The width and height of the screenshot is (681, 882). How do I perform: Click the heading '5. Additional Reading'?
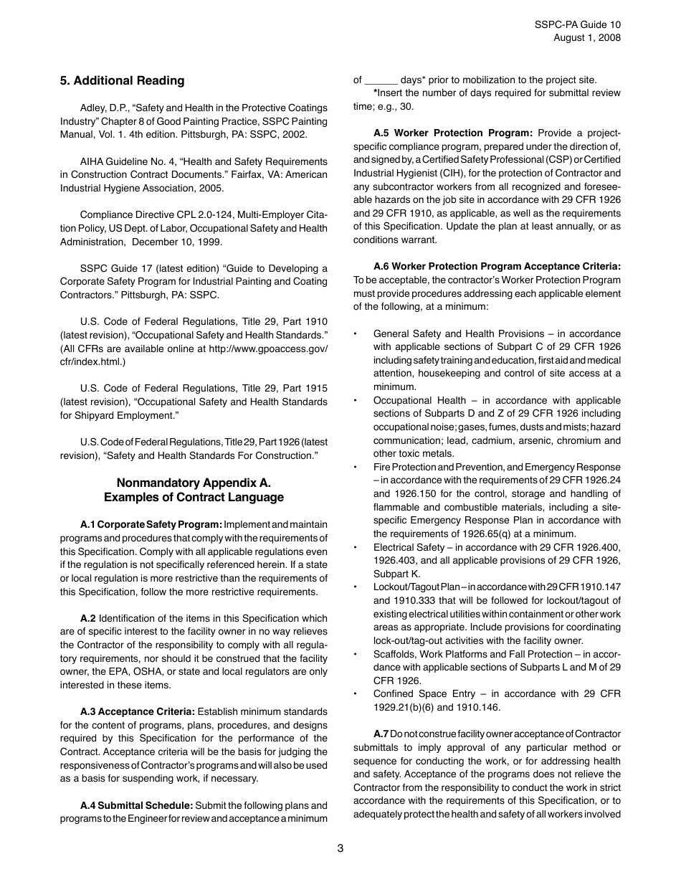(x=122, y=81)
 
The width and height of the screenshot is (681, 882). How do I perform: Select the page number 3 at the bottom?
(x=340, y=849)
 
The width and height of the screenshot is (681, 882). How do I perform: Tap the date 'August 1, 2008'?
(x=587, y=38)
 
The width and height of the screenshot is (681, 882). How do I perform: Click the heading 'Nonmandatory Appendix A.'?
(x=194, y=483)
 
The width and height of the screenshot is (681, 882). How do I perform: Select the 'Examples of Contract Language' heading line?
(x=194, y=498)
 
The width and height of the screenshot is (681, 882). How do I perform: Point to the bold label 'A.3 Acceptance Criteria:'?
(x=137, y=712)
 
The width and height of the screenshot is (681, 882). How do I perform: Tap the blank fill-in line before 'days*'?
(x=381, y=80)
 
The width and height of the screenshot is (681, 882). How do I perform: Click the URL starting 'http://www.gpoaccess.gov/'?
(x=266, y=348)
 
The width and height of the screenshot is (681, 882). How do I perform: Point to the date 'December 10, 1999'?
(x=181, y=242)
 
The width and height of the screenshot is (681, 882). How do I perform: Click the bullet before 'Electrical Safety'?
(x=356, y=548)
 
